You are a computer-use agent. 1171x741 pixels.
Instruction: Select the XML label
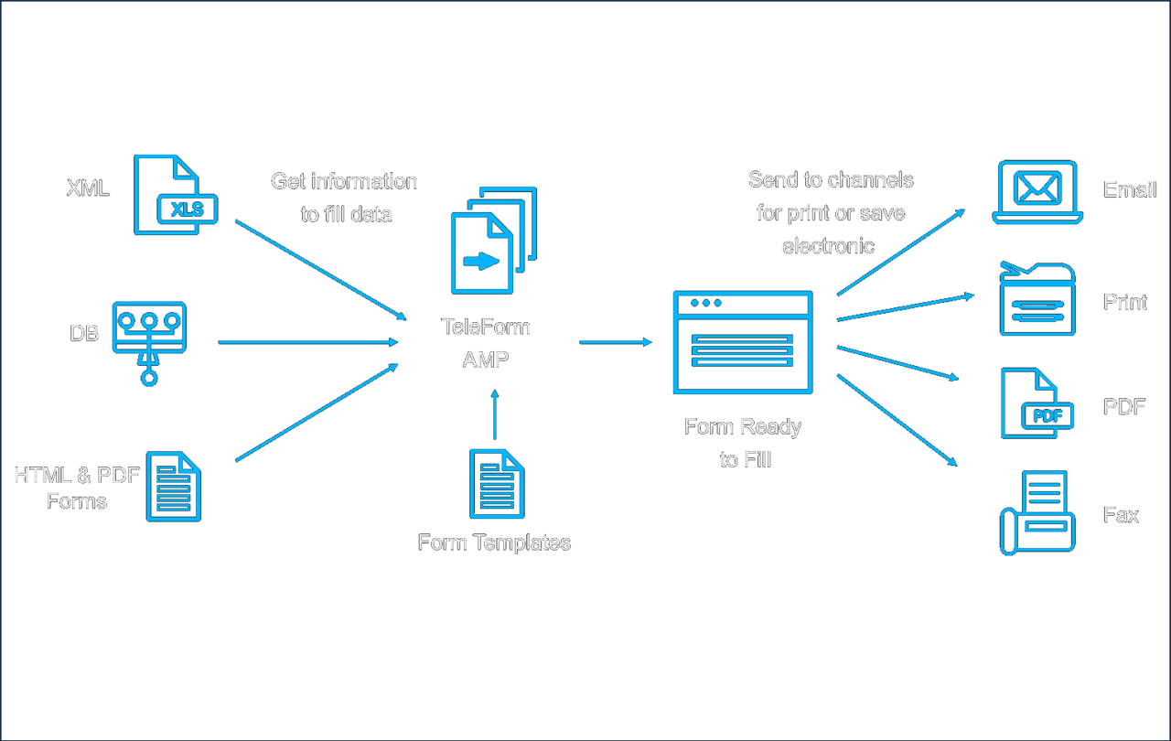point(88,189)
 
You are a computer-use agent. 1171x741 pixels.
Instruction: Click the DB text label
point(84,334)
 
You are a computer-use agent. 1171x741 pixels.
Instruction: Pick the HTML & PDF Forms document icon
point(174,487)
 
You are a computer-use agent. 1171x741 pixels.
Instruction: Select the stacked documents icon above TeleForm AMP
point(493,240)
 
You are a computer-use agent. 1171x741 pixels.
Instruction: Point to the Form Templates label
point(494,542)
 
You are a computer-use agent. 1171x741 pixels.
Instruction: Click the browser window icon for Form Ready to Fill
point(742,342)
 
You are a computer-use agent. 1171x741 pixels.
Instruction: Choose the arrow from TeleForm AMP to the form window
point(616,342)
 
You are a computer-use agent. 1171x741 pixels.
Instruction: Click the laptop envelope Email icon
point(1037,193)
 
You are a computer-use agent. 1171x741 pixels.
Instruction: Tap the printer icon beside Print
point(1037,299)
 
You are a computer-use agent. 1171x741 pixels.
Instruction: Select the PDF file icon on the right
point(1035,403)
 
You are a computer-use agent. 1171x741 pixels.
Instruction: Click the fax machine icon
point(1037,512)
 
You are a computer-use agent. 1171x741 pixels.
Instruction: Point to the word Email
point(1130,190)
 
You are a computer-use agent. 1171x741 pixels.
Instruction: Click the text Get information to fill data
point(345,198)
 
